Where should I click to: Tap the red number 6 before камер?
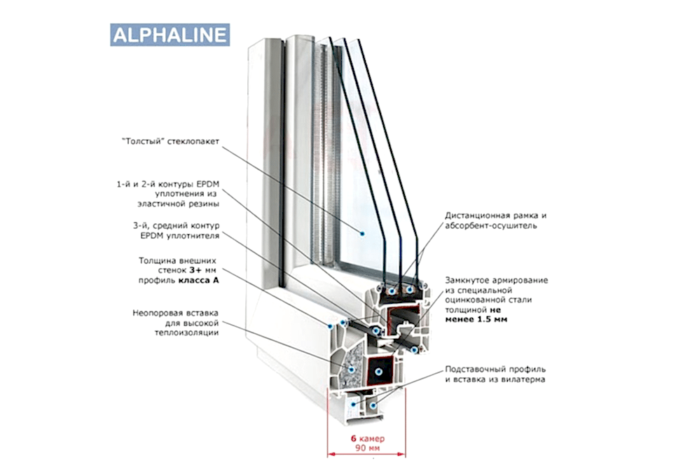[354, 437]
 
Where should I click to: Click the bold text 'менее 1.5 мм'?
[476, 319]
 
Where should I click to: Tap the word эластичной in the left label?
[163, 204]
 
